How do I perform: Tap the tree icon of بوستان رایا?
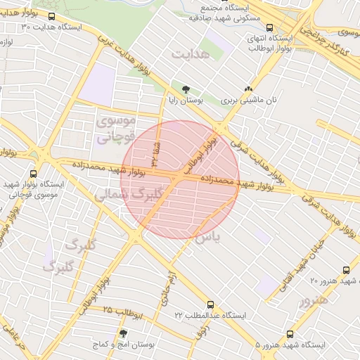point(186,89)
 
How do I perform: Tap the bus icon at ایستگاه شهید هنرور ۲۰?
point(345,270)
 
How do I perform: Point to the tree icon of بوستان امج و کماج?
point(123,335)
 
